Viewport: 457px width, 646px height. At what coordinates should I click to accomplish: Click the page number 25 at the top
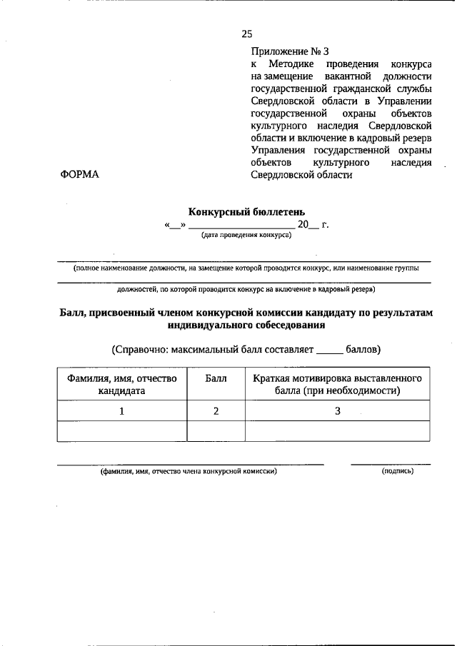247,34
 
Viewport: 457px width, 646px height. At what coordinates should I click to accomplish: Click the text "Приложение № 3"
290,51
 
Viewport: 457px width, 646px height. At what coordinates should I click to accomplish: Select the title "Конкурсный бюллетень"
246,211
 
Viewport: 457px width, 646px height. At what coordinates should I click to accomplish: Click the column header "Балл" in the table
216,378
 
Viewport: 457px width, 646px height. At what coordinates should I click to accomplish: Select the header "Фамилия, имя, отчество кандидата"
121,384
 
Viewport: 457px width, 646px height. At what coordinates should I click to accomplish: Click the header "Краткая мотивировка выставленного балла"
337,384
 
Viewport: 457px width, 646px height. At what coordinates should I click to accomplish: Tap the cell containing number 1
121,411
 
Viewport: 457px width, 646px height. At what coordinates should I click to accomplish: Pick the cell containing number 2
216,411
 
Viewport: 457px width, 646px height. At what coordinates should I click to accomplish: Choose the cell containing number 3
337,411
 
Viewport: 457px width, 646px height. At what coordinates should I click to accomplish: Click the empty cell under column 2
216,431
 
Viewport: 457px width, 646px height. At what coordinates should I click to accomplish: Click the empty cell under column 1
121,431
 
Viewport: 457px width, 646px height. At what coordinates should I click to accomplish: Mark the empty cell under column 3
337,431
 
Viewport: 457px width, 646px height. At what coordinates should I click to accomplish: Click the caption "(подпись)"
398,472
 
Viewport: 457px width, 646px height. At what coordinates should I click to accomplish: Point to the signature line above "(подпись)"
391,464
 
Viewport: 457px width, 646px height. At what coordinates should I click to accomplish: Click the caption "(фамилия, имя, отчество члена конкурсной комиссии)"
189,472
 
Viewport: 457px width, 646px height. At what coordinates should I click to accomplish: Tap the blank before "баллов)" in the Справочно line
329,350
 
